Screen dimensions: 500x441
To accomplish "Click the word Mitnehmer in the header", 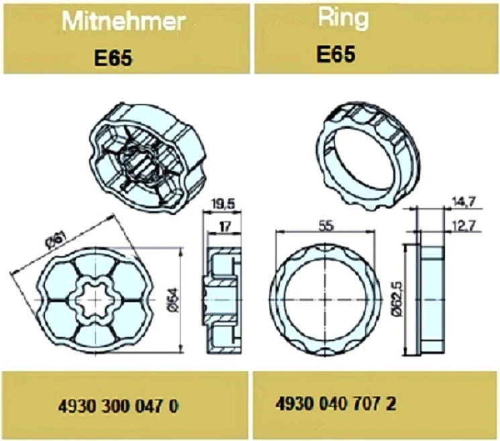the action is pos(123,22).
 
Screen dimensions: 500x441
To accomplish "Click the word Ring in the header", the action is pos(343,18).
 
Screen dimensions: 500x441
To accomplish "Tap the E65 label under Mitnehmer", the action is pos(113,58).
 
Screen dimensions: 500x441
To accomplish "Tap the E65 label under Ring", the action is pos(336,54).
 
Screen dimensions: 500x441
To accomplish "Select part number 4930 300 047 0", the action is pos(118,407).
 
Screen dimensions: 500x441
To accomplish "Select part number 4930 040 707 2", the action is pos(336,404).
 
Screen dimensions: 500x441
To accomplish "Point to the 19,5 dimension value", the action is pos(223,204).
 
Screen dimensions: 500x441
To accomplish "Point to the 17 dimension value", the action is pos(225,227).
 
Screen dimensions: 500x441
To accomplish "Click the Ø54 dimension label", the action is pos(174,300).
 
